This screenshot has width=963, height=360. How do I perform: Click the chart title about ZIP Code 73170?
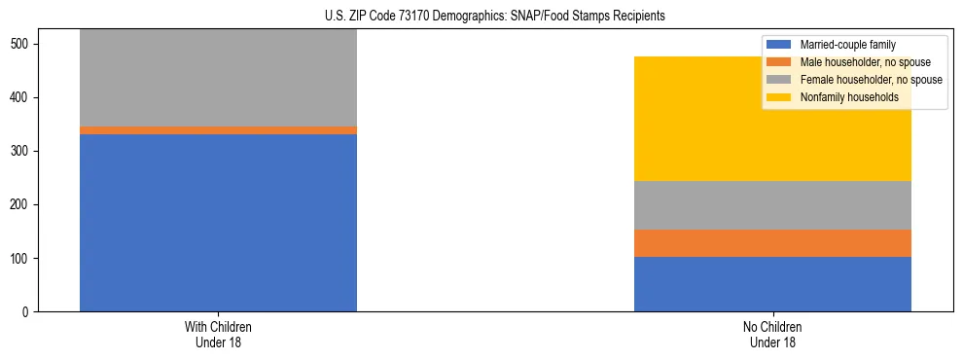[495, 17]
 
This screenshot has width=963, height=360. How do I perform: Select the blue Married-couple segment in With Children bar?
[218, 223]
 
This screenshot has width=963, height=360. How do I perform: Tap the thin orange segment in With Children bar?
[218, 130]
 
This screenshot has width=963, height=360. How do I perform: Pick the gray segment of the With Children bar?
[218, 78]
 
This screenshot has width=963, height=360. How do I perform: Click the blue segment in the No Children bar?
[772, 284]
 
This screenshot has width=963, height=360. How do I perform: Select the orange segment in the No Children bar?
[772, 243]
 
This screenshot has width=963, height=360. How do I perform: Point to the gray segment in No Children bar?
[772, 205]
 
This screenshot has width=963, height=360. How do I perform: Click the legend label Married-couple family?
[847, 45]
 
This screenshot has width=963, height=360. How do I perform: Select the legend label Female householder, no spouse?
[871, 80]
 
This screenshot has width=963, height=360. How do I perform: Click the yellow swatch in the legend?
[779, 97]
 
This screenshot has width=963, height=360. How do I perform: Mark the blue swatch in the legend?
[779, 45]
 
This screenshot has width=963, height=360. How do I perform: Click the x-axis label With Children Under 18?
[218, 335]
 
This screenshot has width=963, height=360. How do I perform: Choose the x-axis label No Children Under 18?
[772, 335]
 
